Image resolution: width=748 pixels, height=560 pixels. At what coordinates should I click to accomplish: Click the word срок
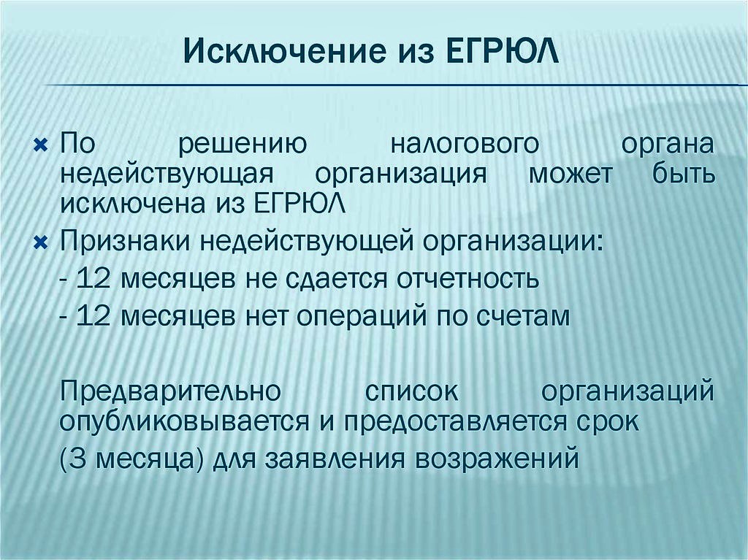[x=609, y=422]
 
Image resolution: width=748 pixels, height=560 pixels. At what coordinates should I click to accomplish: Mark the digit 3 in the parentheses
[x=80, y=460]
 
